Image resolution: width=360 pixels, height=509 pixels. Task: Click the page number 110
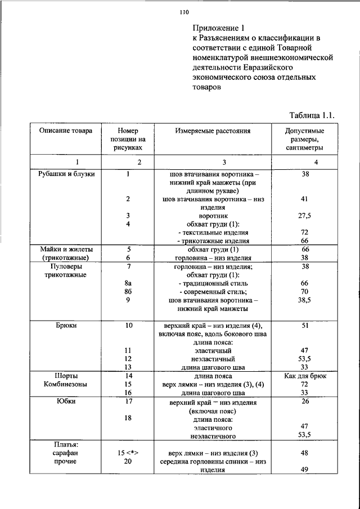(184, 11)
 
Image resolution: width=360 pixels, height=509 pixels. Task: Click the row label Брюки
(67, 325)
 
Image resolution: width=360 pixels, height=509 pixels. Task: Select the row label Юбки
(67, 402)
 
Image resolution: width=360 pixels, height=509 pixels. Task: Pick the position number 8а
(129, 283)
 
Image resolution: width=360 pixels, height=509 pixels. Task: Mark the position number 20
(129, 462)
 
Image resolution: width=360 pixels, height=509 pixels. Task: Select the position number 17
(129, 402)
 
